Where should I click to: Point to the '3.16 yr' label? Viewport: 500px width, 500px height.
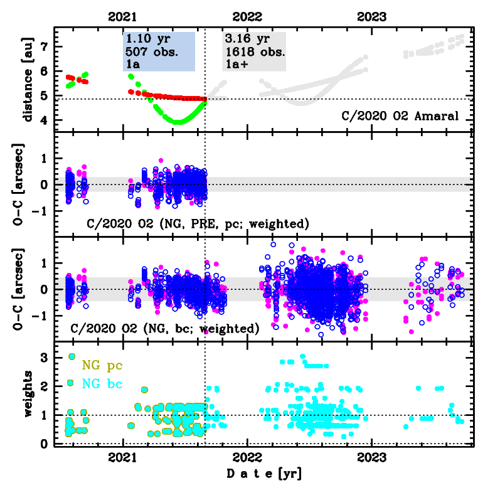(x=243, y=38)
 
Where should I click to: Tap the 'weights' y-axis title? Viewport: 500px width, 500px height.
(x=28, y=393)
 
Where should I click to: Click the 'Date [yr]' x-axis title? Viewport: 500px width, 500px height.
(x=263, y=474)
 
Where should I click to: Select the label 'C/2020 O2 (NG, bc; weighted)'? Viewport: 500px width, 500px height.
(x=164, y=328)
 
